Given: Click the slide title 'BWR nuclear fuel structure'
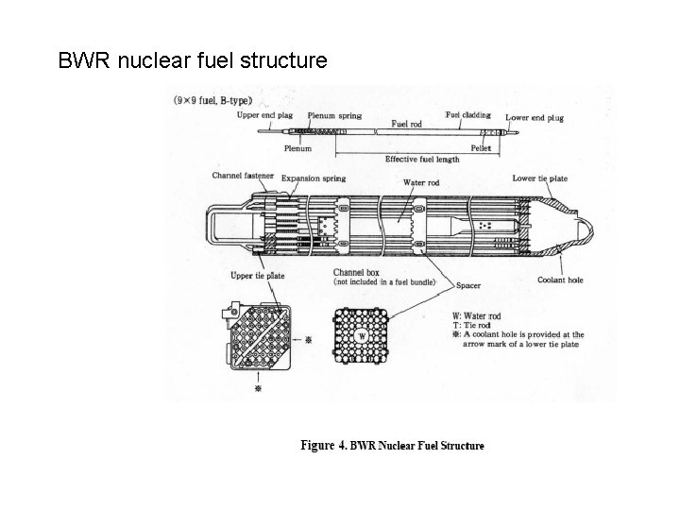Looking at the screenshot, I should (x=193, y=61).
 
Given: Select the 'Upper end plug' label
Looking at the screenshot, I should (x=264, y=116).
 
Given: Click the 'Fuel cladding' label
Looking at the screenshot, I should (x=467, y=116).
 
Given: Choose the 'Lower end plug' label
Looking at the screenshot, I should (x=535, y=118).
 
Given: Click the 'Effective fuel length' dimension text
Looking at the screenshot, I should (x=422, y=159).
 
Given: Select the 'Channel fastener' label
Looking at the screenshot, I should (x=244, y=176).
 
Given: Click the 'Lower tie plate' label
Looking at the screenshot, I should (x=539, y=178).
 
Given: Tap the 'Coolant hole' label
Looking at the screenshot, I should (x=560, y=280).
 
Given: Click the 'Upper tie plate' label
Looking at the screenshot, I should (x=258, y=276).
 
